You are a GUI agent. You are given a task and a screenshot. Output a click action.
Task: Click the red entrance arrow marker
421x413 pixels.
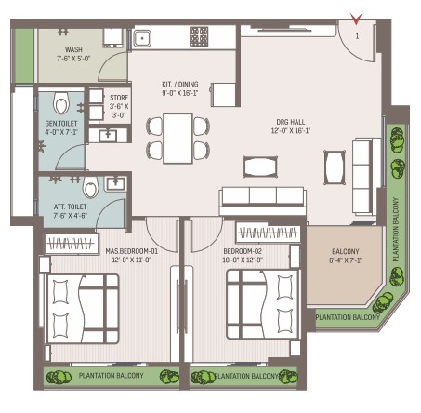point(356,19)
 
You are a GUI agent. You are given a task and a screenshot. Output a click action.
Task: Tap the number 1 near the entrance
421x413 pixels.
point(357,36)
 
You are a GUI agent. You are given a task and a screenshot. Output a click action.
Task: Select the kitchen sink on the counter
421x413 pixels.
point(142,38)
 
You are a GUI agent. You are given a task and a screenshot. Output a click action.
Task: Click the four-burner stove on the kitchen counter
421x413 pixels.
point(199,36)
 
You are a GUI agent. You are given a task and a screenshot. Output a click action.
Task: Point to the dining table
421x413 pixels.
point(178,139)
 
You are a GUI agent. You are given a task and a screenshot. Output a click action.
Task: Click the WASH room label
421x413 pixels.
point(73,49)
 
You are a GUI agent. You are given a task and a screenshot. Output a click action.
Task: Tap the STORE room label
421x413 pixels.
point(119,98)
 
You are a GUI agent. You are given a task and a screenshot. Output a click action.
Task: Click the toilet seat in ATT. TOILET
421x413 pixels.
point(91,187)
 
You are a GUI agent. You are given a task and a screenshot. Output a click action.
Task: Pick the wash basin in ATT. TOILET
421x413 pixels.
point(115,183)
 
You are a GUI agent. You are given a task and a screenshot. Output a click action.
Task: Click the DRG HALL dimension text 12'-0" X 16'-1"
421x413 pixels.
point(291,130)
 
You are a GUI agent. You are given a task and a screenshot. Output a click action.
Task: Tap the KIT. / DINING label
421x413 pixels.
point(180,84)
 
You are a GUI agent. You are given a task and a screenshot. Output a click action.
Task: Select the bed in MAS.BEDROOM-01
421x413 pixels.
point(83,309)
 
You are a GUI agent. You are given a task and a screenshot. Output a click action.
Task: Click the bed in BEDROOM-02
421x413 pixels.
point(263,304)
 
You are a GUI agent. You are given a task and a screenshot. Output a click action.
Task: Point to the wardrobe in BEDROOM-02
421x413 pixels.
point(268,233)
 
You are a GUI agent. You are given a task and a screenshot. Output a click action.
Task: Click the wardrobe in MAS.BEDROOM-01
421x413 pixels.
point(72,243)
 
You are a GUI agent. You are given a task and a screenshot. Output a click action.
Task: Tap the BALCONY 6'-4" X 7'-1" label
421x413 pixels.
point(346,256)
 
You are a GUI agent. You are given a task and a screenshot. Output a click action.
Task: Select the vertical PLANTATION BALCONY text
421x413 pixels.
point(396,230)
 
